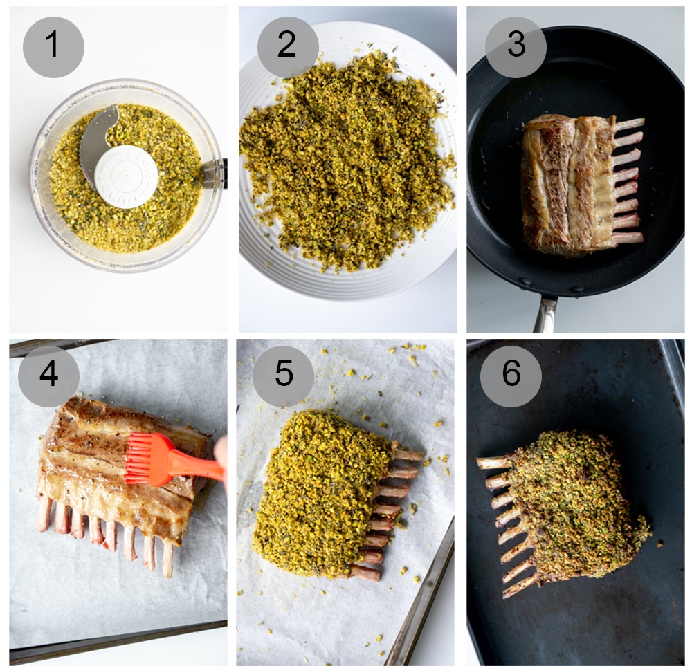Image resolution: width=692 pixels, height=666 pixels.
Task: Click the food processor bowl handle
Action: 216,173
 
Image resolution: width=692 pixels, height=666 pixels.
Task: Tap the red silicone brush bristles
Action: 147,459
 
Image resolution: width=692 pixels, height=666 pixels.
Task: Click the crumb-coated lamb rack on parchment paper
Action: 322,491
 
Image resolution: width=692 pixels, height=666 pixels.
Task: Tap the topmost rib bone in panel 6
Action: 493,462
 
